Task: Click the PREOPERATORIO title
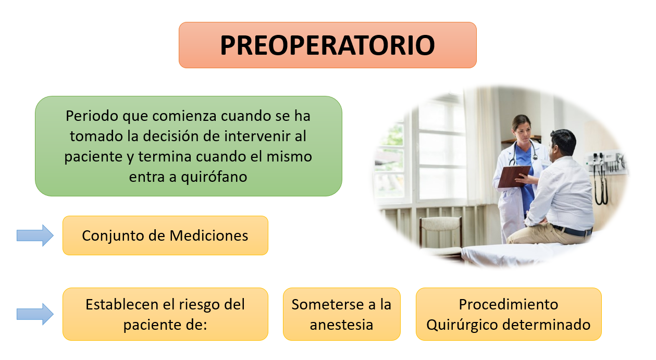coord(327,45)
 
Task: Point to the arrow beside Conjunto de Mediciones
coord(35,235)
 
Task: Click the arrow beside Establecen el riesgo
coord(35,314)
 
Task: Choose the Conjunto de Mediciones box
coord(165,235)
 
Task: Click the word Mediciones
coord(209,235)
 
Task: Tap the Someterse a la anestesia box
coord(341,314)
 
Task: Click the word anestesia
coord(341,325)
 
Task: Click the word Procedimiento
coord(508,304)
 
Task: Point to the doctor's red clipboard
coord(513,176)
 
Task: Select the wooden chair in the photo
coord(440,232)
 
